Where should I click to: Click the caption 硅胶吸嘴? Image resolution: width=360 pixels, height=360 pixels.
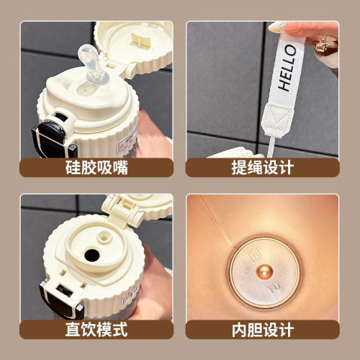tap(96, 167)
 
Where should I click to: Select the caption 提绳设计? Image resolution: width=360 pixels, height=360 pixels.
tap(263, 167)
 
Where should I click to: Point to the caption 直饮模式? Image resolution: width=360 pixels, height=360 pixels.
tap(96, 329)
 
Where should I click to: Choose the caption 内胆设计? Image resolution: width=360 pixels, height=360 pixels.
tap(263, 330)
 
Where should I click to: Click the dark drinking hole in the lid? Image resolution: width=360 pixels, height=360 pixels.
tap(92, 255)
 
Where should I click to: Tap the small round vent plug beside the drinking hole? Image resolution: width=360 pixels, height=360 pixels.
tap(104, 238)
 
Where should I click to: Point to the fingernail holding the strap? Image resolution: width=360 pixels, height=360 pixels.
tap(276, 27)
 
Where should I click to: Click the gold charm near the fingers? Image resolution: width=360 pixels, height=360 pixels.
tap(323, 45)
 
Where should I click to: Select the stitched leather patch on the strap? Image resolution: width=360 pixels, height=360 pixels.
tap(277, 120)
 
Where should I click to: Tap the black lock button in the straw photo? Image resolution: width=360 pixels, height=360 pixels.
tap(53, 135)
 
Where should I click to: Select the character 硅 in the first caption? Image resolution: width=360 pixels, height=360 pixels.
tap(73, 167)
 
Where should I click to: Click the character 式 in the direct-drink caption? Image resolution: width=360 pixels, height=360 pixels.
tap(120, 329)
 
